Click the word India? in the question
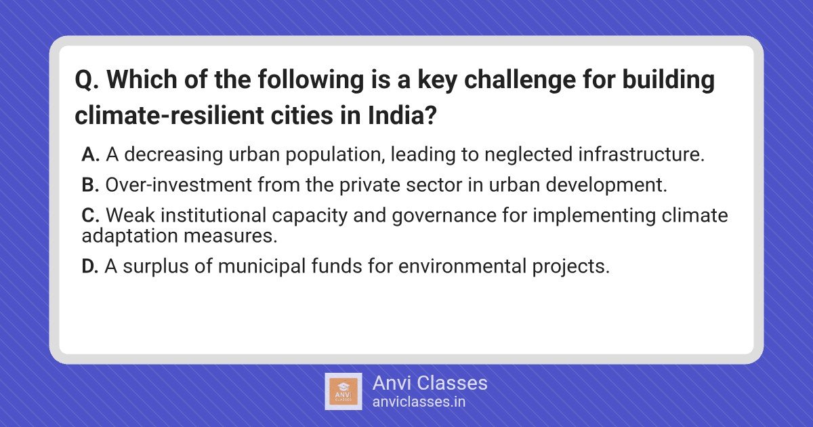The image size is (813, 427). (402, 115)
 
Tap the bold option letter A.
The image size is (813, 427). (90, 155)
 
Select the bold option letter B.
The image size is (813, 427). (90, 185)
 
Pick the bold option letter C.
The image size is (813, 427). (90, 216)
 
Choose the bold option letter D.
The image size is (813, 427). (90, 266)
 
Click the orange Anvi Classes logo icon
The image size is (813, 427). (343, 392)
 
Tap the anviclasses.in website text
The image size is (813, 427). (419, 402)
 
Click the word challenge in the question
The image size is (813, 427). (520, 80)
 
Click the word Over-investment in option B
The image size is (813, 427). (179, 185)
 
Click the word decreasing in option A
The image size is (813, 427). (173, 155)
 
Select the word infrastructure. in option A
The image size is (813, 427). (642, 155)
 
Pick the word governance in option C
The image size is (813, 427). (444, 216)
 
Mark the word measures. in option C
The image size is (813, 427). (230, 237)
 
